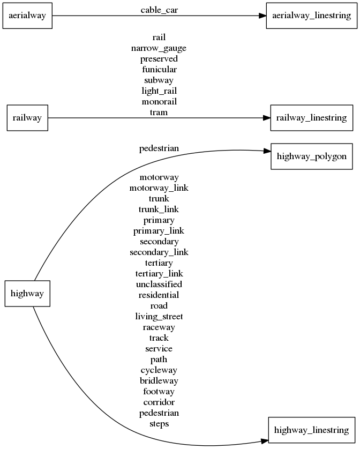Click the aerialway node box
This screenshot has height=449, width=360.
[27, 16]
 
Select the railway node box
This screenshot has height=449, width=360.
[27, 118]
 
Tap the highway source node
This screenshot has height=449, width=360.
[27, 294]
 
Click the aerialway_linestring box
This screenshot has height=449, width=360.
[311, 16]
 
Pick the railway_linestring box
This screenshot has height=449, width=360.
[311, 118]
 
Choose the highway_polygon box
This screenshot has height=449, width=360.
[311, 156]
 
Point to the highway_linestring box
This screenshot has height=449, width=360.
[311, 430]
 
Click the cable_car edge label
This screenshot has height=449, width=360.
[159, 10]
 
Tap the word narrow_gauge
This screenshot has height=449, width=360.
[159, 48]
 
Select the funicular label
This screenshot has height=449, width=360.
[159, 70]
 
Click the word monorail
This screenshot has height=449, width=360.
[159, 102]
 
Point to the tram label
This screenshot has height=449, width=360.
[159, 113]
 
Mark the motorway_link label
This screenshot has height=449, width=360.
[159, 188]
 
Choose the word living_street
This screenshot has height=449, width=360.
[159, 316]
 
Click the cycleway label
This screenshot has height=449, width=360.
[159, 370]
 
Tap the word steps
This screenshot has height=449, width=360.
[159, 424]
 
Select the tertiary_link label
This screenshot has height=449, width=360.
[159, 273]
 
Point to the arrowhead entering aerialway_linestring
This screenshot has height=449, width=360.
[262, 16]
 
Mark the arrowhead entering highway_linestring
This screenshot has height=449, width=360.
[264, 440]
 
